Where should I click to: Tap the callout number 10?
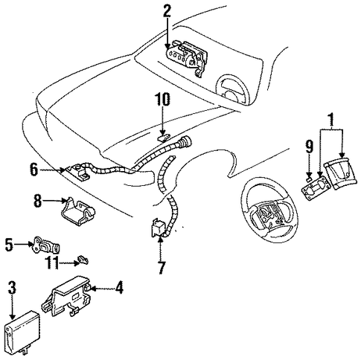[162, 99]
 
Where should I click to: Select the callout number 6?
[34, 170]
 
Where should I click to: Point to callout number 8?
[37, 200]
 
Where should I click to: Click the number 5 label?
[9, 245]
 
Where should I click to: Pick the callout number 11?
[52, 263]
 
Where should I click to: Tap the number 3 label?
[12, 288]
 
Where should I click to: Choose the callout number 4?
[119, 288]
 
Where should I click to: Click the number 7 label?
[162, 267]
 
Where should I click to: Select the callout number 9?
[309, 147]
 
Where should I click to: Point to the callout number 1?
[331, 120]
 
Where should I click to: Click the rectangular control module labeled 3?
[22, 331]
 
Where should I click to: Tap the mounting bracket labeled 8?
[78, 211]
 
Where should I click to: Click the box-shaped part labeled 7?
[158, 228]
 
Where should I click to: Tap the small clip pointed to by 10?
[164, 138]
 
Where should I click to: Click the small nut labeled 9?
[310, 179]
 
